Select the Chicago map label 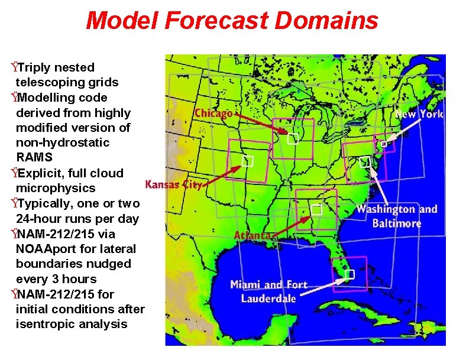pos(213,113)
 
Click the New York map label pos(419,114)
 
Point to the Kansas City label pos(174,184)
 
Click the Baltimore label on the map pos(397,223)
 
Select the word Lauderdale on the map pos(268,299)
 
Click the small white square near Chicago pos(292,140)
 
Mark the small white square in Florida pos(350,274)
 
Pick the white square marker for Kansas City pos(248,160)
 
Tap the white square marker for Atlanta pos(316,209)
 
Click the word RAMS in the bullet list pos(34,158)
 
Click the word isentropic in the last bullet pos(47,324)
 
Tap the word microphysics pos(56,188)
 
